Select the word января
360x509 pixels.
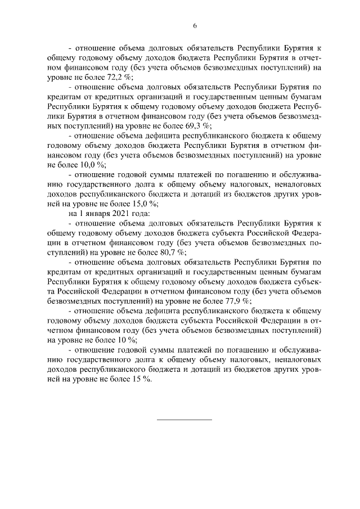[89, 214]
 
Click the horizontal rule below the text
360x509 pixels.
[183, 420]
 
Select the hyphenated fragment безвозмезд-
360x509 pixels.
[296, 116]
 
